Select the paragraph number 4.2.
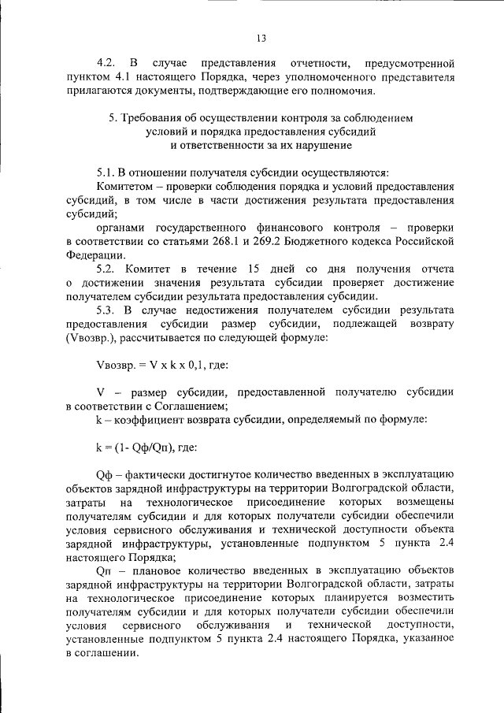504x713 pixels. pyautogui.click(x=107, y=62)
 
